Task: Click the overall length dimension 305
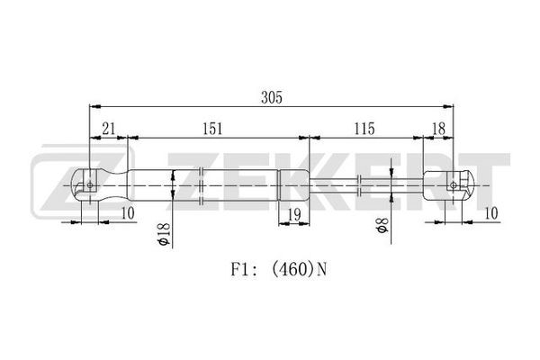tap(272, 97)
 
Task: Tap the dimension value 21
tap(109, 129)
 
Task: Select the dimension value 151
tap(212, 129)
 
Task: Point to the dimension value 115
tap(364, 129)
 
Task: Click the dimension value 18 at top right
tap(438, 129)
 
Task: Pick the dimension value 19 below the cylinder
tap(294, 214)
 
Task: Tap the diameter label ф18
tap(163, 234)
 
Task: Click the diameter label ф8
tap(382, 225)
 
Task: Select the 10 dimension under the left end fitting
tap(128, 213)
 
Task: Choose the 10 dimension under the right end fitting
tap(491, 213)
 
